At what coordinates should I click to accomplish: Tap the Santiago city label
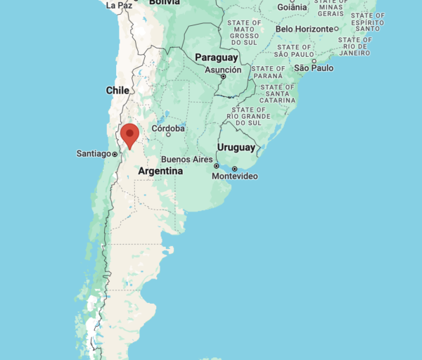94,154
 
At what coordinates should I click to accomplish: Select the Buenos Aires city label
186,160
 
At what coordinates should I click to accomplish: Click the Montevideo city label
235,176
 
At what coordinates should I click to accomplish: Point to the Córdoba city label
168,129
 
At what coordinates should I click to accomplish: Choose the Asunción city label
223,70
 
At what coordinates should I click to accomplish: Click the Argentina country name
160,171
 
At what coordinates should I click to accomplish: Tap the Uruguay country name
236,147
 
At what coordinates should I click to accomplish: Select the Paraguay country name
216,57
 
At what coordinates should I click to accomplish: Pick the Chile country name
117,90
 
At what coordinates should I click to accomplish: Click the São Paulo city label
314,67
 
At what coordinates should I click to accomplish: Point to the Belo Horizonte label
305,29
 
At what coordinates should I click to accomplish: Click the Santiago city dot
115,154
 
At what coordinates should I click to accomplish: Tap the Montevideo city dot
234,169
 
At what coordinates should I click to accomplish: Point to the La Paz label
120,5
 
